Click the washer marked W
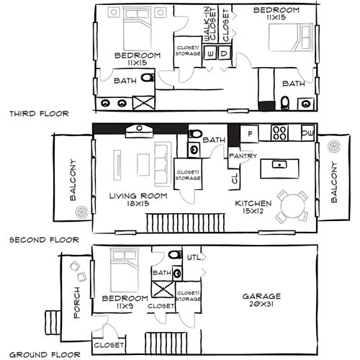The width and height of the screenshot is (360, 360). pyautogui.click(x=210, y=53)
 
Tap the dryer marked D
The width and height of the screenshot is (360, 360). pyautogui.click(x=224, y=53)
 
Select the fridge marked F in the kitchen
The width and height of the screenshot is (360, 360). pyautogui.click(x=250, y=133)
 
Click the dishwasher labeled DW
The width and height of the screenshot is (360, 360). pyautogui.click(x=308, y=132)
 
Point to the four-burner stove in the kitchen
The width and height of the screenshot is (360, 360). pyautogui.click(x=279, y=132)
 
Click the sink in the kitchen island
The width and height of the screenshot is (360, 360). pyautogui.click(x=279, y=165)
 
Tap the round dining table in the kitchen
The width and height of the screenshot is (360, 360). pyautogui.click(x=293, y=207)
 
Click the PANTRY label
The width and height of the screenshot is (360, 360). pyautogui.click(x=243, y=156)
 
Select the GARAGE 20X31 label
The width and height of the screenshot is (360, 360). pyautogui.click(x=261, y=300)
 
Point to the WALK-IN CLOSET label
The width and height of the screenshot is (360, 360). pyautogui.click(x=210, y=24)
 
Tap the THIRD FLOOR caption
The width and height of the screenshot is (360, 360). pyautogui.click(x=39, y=114)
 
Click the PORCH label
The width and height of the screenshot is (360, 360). pyautogui.click(x=76, y=302)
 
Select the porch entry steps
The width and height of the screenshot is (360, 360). pyautogui.click(x=53, y=323)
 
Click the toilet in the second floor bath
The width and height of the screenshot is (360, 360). pyautogui.click(x=196, y=134)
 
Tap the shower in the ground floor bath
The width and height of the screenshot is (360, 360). pyautogui.click(x=163, y=289)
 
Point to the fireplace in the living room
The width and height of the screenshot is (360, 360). pyautogui.click(x=140, y=131)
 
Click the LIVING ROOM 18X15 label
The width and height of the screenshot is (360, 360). pyautogui.click(x=138, y=199)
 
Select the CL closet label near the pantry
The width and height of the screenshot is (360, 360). pyautogui.click(x=235, y=179)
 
